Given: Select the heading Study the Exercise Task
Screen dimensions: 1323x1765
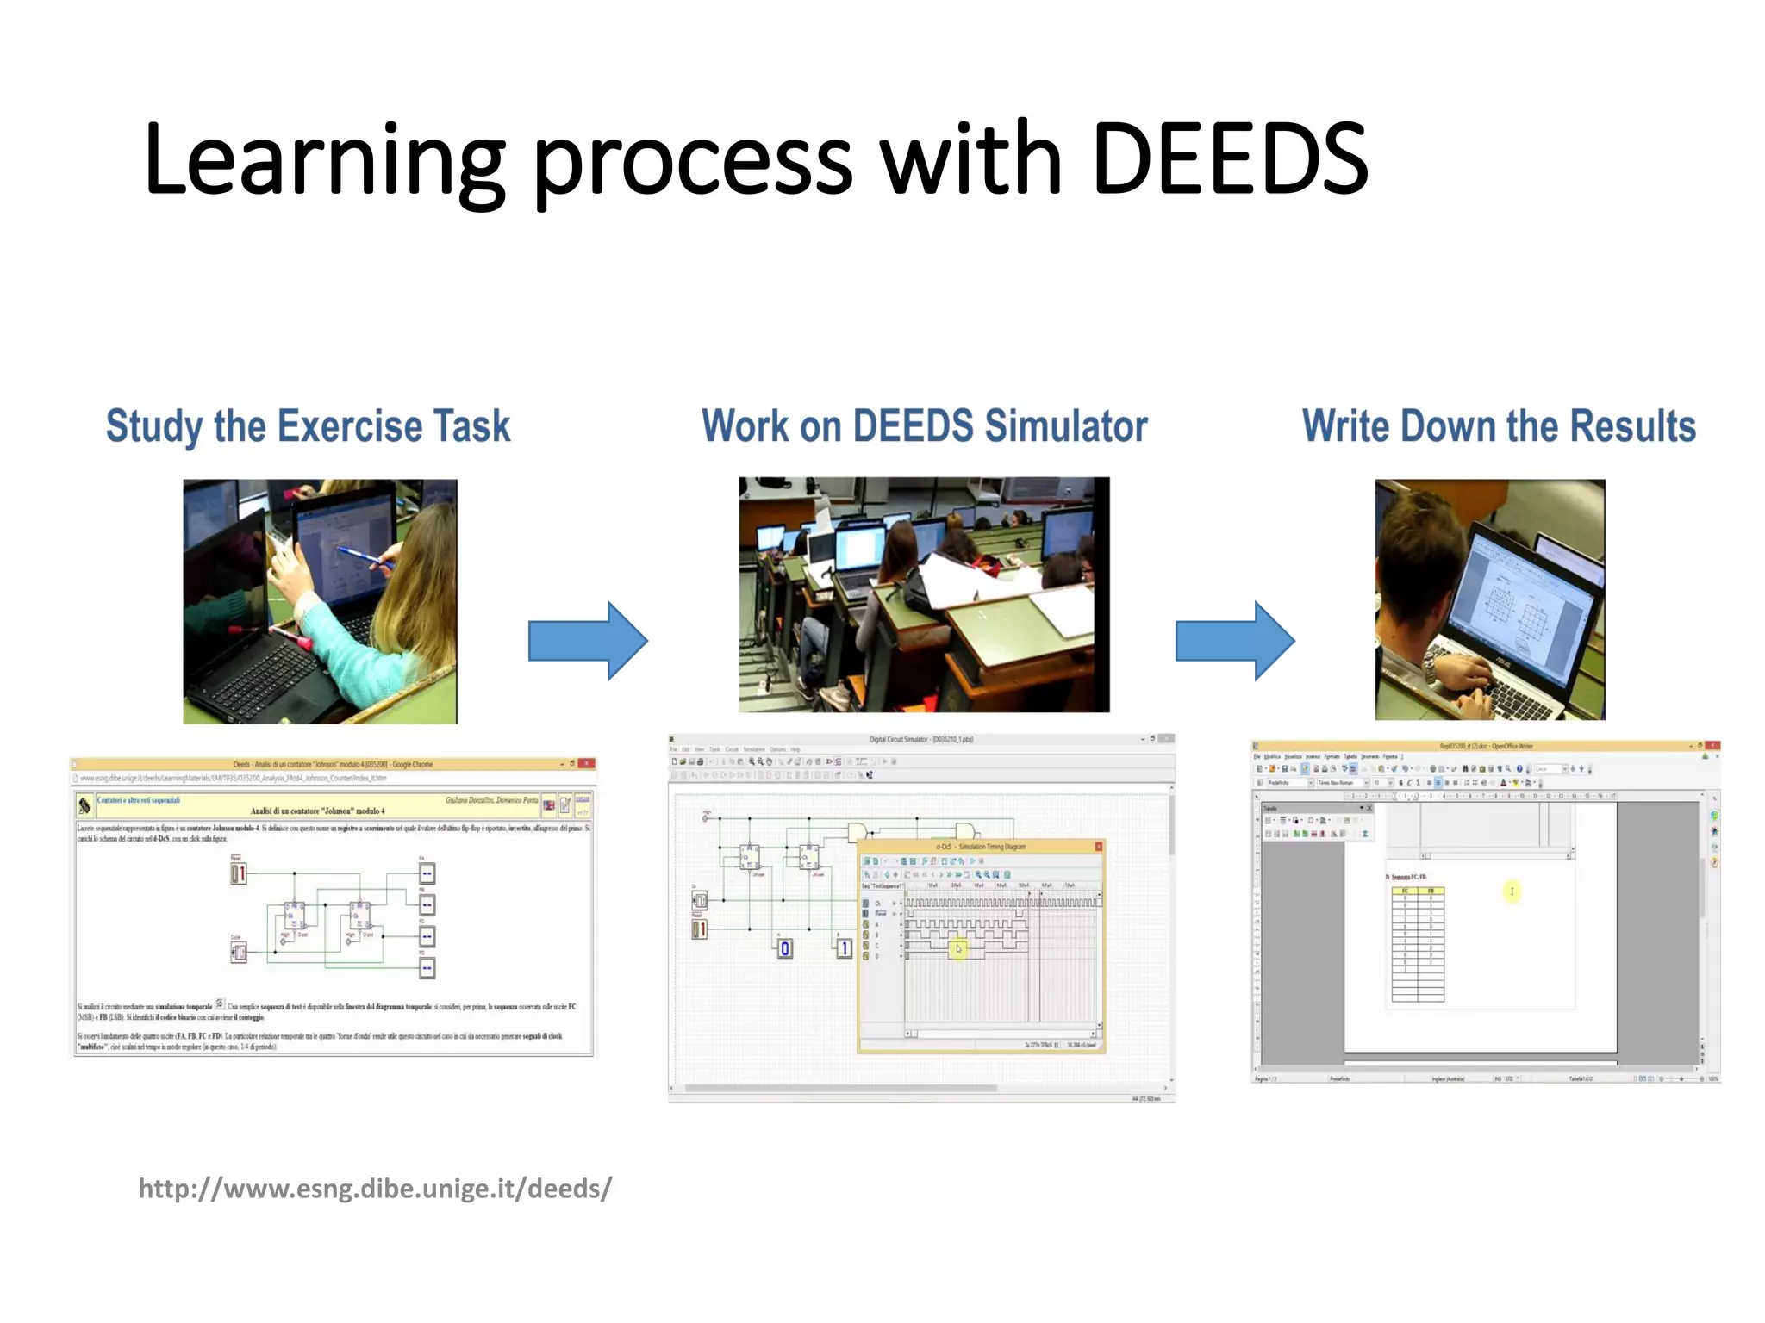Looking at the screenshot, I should pos(308,426).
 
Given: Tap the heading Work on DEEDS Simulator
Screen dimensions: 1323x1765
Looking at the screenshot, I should pos(924,426).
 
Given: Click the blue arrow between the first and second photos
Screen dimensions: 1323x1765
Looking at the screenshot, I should pos(587,641).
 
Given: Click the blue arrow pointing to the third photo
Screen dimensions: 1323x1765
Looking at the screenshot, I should pos(1234,641).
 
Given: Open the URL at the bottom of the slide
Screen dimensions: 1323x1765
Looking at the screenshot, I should pos(375,1189).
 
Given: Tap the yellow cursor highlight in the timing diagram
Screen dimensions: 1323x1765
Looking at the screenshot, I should pos(957,949).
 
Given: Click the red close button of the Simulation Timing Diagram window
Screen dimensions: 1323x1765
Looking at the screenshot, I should pos(1099,847).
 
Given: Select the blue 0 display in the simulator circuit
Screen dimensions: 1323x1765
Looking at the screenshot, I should pos(785,948).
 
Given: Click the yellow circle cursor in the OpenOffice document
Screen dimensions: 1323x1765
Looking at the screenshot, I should pos(1512,891).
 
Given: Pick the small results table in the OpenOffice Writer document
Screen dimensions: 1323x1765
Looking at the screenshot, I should pos(1418,943).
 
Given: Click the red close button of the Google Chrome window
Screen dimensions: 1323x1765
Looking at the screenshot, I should pos(587,764).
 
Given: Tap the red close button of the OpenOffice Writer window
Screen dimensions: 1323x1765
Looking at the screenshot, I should pos(1712,746).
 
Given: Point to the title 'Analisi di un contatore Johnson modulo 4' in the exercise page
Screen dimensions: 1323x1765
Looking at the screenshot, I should pos(317,811).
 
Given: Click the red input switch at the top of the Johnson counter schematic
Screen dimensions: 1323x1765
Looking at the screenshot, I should pos(239,873).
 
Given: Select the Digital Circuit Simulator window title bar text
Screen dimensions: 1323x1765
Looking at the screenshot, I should pos(920,739).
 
